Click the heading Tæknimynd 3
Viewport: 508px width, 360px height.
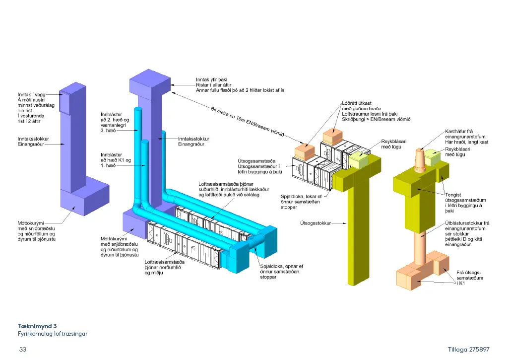[x=38, y=326]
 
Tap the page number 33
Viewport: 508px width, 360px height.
[x=22, y=350]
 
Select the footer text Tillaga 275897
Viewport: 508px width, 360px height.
[x=469, y=350]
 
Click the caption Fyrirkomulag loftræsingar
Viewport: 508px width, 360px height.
[x=53, y=334]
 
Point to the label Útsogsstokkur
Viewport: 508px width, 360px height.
[x=315, y=223]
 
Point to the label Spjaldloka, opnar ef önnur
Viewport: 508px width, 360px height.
[x=281, y=272]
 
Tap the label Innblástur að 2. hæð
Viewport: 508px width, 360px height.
[x=115, y=121]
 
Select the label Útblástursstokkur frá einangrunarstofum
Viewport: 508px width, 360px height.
[x=467, y=233]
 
